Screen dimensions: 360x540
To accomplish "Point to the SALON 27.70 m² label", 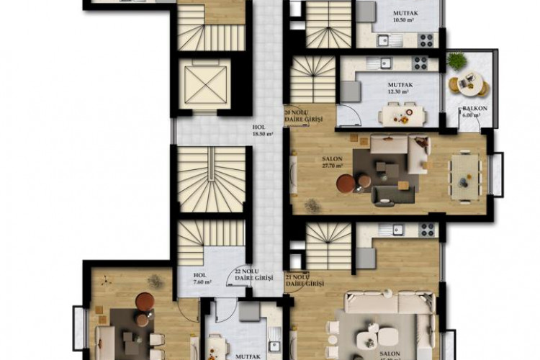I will (x=332, y=163).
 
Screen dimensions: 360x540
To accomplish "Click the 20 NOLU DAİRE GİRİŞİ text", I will (x=303, y=116).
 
